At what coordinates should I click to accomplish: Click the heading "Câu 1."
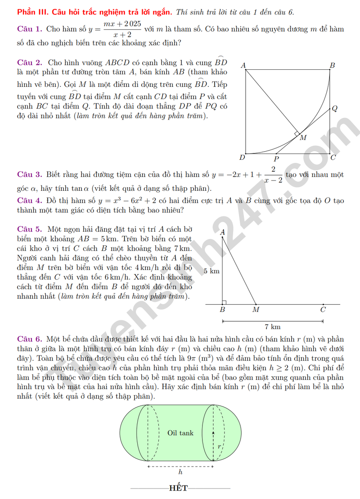[x=30, y=29]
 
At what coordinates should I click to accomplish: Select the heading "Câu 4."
[x=30, y=201]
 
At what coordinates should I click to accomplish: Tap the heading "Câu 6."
[x=30, y=339]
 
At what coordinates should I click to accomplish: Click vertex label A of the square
[x=243, y=66]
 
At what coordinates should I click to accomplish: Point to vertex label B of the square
[x=333, y=66]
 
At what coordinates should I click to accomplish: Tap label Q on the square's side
[x=334, y=108]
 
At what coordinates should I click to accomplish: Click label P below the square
[x=276, y=159]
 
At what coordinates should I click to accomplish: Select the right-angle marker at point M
[x=297, y=134]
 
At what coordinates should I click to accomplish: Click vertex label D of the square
[x=242, y=158]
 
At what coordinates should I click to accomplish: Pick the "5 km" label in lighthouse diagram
[x=211, y=271]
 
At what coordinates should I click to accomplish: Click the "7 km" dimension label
[x=273, y=327]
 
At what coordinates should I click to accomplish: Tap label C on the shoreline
[x=323, y=310]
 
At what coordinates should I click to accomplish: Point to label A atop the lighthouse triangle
[x=222, y=233]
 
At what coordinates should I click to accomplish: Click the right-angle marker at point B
[x=224, y=303]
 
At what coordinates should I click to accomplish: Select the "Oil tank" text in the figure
[x=180, y=433]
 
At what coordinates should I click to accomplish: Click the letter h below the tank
[x=180, y=472]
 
